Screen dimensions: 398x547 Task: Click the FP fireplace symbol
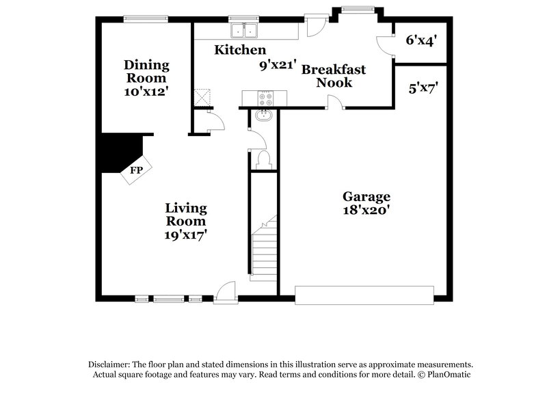click(x=136, y=170)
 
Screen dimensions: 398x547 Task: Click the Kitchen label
click(x=239, y=50)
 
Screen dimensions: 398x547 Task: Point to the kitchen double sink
click(x=244, y=30)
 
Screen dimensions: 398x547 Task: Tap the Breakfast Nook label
click(x=333, y=76)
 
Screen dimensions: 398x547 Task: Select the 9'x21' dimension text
click(x=277, y=66)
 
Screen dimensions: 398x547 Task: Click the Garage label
click(x=366, y=196)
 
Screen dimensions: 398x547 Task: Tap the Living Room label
click(x=186, y=215)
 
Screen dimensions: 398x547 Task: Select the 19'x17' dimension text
click(x=186, y=235)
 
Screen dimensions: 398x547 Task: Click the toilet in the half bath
click(x=263, y=160)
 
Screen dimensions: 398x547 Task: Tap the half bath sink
click(x=263, y=116)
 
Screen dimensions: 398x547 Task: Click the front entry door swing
click(x=224, y=292)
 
